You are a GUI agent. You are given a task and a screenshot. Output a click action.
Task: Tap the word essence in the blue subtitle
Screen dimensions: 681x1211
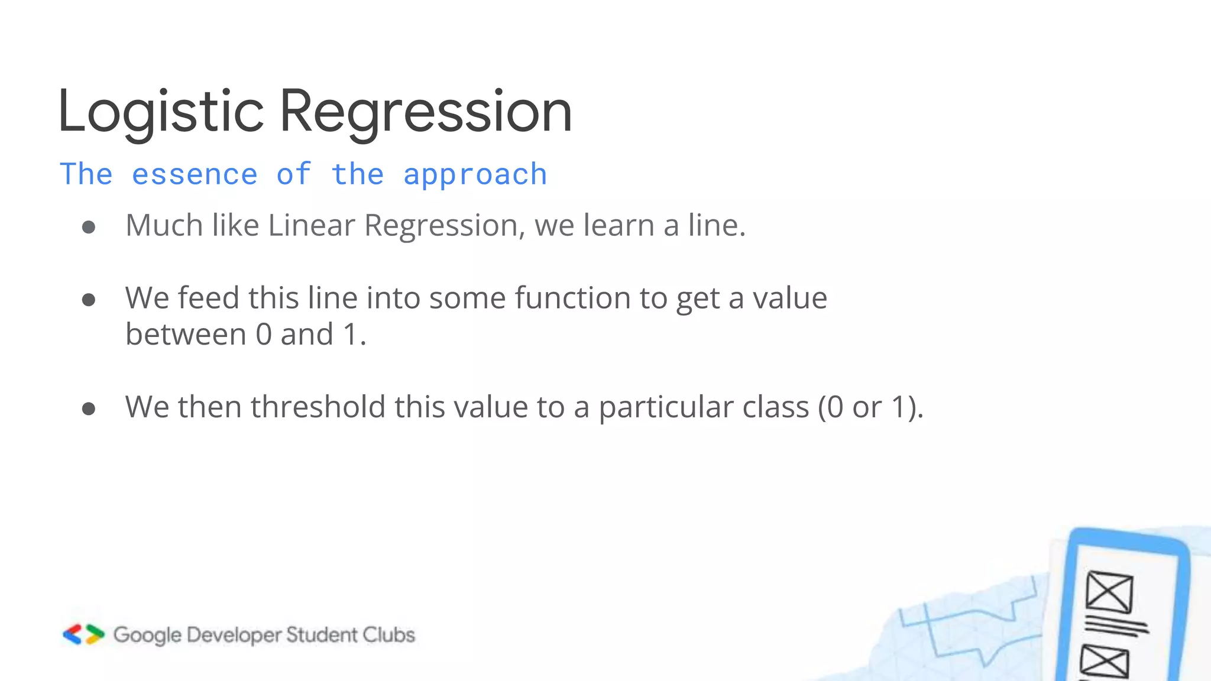[x=195, y=174]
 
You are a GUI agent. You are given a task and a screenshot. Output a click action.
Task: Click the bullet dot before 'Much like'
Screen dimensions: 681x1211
[x=89, y=228]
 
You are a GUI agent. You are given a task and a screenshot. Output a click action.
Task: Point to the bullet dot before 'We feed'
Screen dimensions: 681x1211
[x=89, y=300]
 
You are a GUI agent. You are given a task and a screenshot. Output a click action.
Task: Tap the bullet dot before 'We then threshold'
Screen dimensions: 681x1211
[x=89, y=409]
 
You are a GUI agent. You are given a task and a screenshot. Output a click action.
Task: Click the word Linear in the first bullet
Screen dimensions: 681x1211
[x=311, y=226]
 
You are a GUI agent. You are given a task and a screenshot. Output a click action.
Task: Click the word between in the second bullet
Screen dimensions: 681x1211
[x=186, y=335]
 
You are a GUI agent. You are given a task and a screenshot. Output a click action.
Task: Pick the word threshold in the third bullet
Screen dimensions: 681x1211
[x=318, y=407]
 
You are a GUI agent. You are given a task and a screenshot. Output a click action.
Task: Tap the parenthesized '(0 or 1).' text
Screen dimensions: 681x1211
[x=870, y=407]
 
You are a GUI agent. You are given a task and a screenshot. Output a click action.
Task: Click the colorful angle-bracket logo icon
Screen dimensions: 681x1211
[x=83, y=634]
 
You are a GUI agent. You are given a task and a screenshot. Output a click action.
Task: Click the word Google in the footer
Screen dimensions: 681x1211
[x=147, y=635]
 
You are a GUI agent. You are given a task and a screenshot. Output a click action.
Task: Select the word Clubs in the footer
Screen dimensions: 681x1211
[x=388, y=635]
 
